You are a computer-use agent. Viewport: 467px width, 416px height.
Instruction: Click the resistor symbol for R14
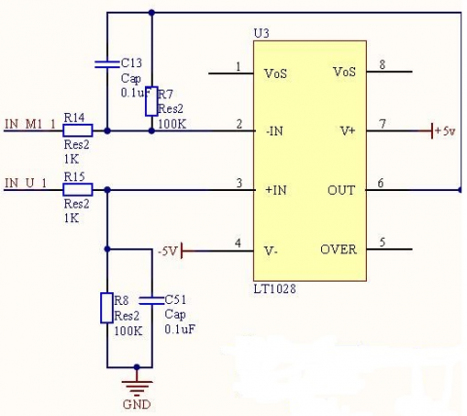(x=78, y=131)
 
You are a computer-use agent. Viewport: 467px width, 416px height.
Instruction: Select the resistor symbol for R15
(x=78, y=190)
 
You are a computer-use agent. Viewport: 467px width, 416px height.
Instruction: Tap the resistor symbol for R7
(x=152, y=101)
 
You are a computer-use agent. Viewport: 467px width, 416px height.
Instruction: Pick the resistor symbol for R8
(x=107, y=308)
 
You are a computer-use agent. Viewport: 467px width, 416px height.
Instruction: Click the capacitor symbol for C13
(x=107, y=64)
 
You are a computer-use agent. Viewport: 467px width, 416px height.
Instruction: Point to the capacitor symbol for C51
(x=152, y=301)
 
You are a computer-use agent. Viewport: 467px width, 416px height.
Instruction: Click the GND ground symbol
(x=137, y=389)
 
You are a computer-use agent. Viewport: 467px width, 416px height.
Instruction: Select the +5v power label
(x=446, y=131)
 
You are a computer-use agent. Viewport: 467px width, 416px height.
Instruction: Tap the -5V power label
(x=167, y=251)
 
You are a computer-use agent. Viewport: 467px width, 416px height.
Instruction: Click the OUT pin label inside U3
(x=341, y=190)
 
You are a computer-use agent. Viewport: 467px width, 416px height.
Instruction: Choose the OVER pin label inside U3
(x=339, y=249)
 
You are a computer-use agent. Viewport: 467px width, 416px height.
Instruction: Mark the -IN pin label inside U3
(x=274, y=132)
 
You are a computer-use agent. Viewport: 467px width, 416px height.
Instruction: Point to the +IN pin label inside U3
(x=275, y=190)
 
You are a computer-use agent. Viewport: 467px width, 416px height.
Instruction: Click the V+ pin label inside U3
(x=347, y=132)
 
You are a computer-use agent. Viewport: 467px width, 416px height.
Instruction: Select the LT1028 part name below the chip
(x=274, y=288)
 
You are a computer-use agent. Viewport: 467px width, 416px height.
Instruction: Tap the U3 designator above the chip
(x=261, y=33)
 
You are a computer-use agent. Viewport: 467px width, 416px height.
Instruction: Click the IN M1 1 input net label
(x=30, y=124)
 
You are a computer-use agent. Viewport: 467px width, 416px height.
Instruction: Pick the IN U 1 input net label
(x=25, y=183)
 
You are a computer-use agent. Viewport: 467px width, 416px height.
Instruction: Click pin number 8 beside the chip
(x=382, y=65)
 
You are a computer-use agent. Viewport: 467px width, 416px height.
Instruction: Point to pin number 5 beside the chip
(x=382, y=243)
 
